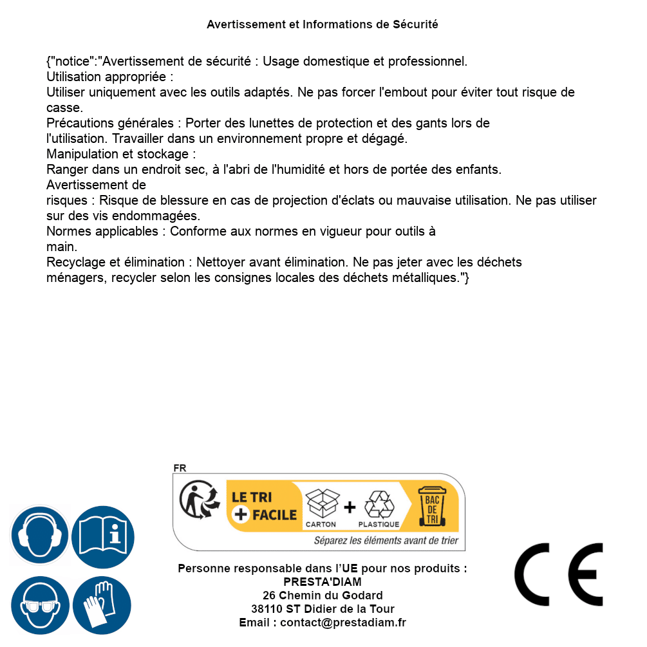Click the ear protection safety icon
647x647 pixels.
(40, 536)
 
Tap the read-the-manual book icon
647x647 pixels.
(103, 536)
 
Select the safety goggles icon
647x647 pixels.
(40, 606)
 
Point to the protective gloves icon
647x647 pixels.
(103, 606)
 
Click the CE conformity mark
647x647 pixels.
(559, 574)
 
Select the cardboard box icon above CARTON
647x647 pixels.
(321, 504)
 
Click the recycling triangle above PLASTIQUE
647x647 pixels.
(379, 504)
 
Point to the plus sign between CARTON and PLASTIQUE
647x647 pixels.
(350, 507)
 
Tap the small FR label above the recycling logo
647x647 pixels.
(180, 468)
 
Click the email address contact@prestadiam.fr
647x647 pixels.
(343, 623)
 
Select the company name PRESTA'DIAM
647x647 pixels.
(323, 582)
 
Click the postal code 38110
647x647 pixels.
(266, 609)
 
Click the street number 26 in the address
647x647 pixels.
(269, 595)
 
